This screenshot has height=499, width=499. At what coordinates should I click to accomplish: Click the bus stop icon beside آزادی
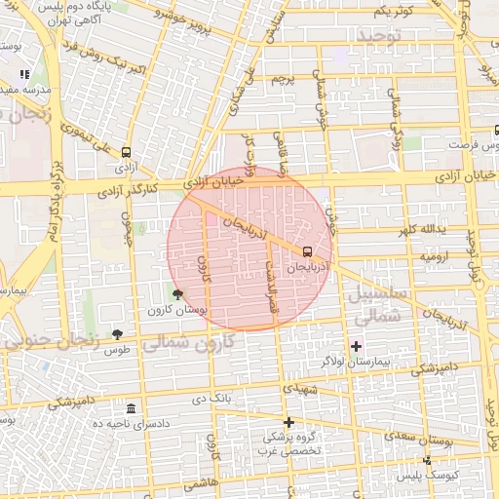click(x=126, y=152)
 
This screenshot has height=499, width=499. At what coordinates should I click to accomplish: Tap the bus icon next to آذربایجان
click(x=309, y=249)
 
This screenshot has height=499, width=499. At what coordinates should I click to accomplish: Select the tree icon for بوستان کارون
click(x=176, y=293)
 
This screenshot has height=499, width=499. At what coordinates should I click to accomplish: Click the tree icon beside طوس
click(x=118, y=334)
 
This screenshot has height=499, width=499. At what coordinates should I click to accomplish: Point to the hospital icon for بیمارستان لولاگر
click(x=356, y=346)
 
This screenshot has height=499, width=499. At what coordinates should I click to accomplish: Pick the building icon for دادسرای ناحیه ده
click(x=131, y=407)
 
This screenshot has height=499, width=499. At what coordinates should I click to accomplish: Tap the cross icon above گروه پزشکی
click(x=288, y=421)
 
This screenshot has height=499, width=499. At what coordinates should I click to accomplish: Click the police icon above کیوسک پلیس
click(x=426, y=460)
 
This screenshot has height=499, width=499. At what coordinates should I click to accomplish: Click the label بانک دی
click(x=211, y=398)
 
